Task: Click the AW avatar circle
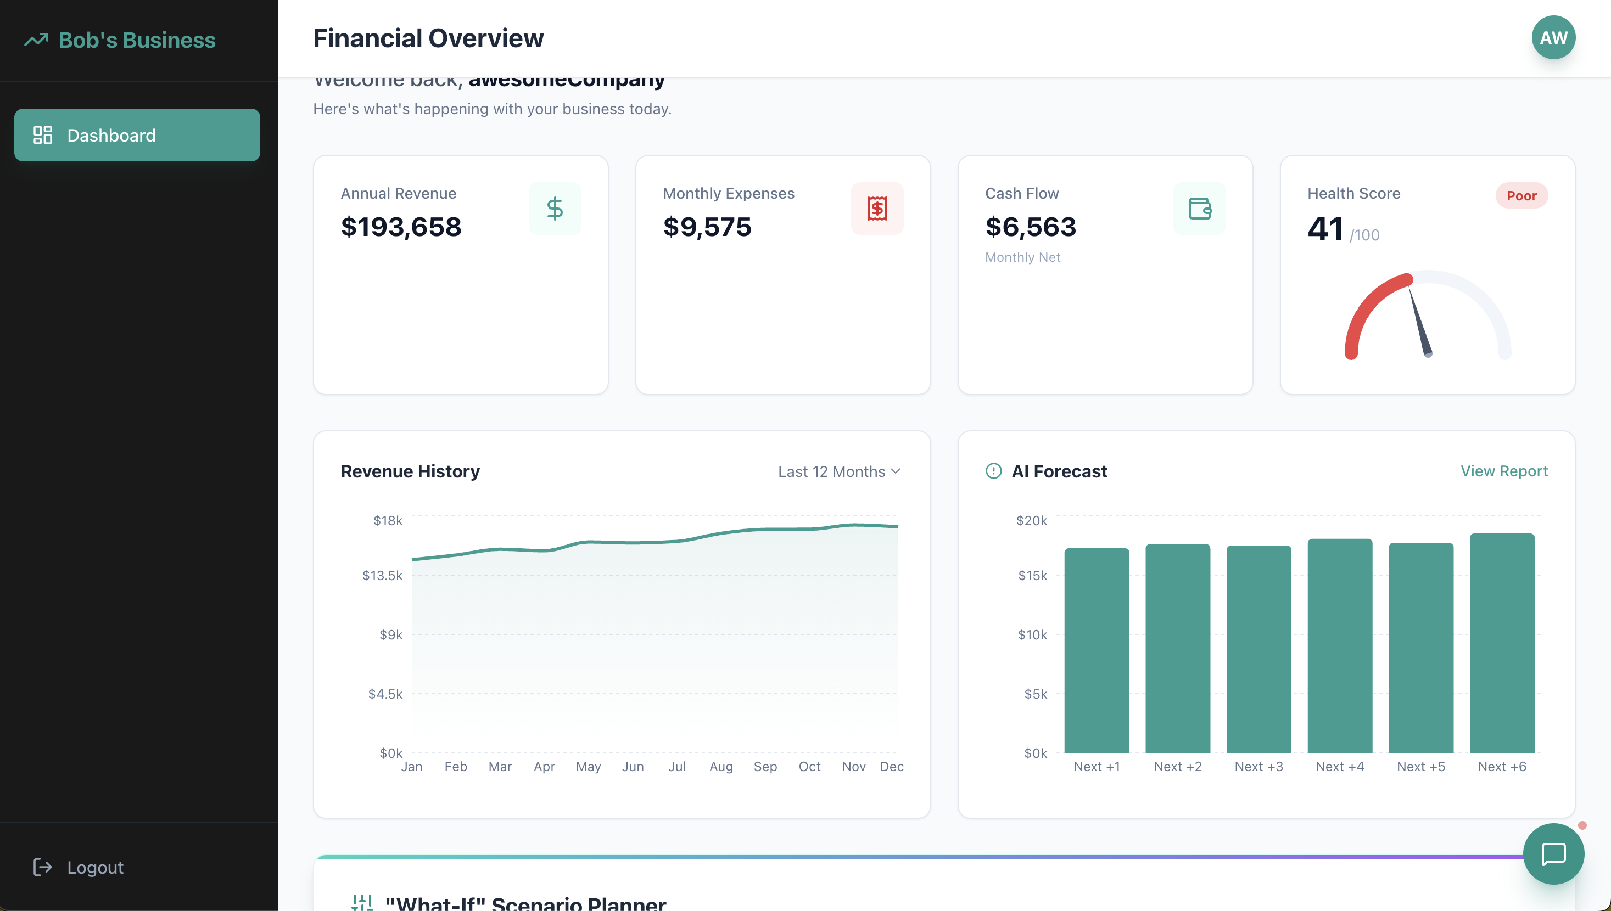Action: click(x=1553, y=37)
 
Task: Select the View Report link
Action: click(x=1503, y=471)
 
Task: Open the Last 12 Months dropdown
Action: click(x=838, y=472)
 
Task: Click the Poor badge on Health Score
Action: click(x=1521, y=196)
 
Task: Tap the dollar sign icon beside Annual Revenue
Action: click(x=555, y=209)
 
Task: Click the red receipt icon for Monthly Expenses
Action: click(x=877, y=209)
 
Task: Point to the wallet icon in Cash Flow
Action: click(x=1199, y=209)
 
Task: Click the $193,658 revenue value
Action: click(x=401, y=227)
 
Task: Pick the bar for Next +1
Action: click(x=1097, y=651)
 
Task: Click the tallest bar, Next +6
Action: click(x=1502, y=643)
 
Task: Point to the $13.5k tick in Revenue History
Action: click(x=382, y=576)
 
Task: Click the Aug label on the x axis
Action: click(x=721, y=767)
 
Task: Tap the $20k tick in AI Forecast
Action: click(x=1031, y=521)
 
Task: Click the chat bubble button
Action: click(x=1553, y=854)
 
